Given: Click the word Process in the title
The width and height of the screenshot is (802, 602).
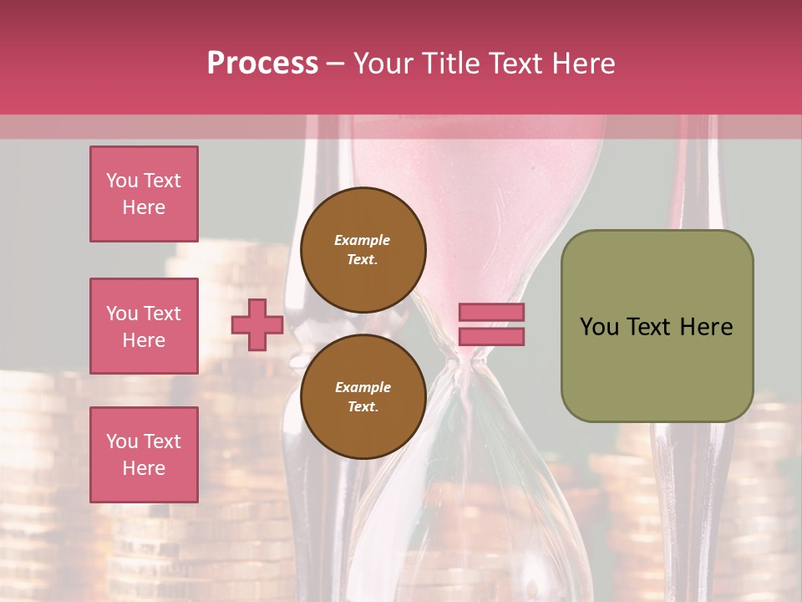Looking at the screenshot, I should click(262, 64).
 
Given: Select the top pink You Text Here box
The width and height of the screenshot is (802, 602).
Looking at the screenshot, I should click(144, 194).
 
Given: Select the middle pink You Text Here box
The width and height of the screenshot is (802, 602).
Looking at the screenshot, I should click(144, 326).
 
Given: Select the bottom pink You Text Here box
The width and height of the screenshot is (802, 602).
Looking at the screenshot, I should click(144, 454).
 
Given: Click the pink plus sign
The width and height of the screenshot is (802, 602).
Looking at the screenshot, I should click(256, 324).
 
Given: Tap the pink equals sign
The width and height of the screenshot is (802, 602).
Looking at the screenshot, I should click(491, 324).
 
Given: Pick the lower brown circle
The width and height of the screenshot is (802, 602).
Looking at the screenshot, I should click(363, 397).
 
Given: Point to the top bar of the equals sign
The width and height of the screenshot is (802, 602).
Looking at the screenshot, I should click(491, 313).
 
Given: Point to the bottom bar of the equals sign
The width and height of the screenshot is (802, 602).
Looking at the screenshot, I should click(491, 336).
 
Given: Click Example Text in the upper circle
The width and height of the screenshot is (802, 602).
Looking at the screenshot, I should click(363, 249).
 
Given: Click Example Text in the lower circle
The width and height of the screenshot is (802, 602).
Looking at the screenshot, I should click(363, 396).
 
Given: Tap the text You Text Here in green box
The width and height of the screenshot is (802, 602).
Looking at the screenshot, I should click(657, 327).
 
